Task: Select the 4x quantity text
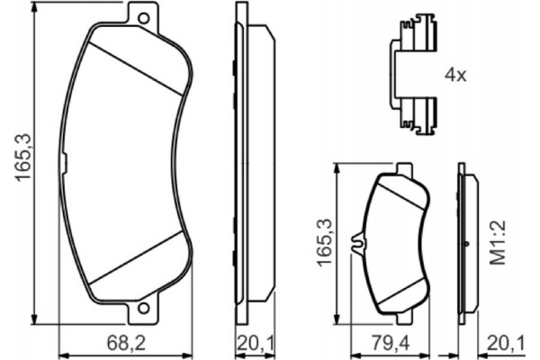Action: [455, 75]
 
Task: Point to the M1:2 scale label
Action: [499, 242]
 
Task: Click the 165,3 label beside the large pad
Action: [23, 157]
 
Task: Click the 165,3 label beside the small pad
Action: [325, 242]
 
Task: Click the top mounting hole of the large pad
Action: [144, 18]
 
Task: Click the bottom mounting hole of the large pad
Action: [144, 308]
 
